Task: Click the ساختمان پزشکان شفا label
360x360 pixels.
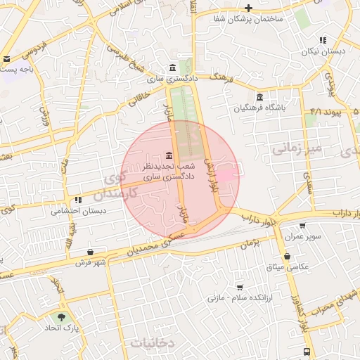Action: tap(250, 19)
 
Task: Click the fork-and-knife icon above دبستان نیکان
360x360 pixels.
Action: tap(323, 41)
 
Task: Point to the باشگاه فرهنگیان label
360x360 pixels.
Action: tap(260, 108)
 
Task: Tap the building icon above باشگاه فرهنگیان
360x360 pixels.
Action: tap(260, 97)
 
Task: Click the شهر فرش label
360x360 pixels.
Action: tap(91, 263)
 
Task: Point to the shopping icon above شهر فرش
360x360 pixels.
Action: tap(91, 252)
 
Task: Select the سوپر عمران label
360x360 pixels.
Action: tap(303, 237)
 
